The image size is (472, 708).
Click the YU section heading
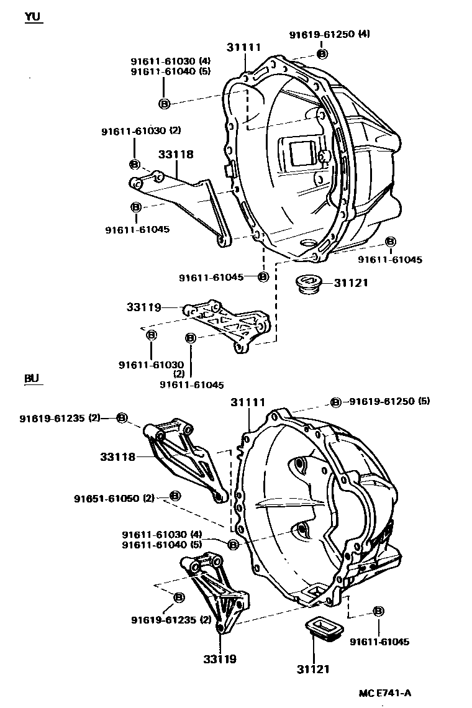click(33, 17)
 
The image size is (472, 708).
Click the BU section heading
click(32, 378)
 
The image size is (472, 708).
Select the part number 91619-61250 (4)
click(329, 35)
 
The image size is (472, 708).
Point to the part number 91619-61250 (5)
click(389, 401)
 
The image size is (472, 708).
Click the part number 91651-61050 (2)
click(114, 498)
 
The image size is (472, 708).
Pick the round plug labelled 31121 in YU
click(307, 285)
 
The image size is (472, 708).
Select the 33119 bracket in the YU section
click(230, 325)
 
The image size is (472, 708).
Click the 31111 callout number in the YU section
click(243, 47)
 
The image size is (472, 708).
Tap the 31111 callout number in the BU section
click(248, 403)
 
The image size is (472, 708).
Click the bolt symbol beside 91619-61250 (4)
click(322, 54)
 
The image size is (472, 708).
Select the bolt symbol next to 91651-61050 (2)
click(175, 496)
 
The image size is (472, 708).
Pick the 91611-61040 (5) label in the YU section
click(171, 71)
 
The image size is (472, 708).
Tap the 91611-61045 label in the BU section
click(379, 642)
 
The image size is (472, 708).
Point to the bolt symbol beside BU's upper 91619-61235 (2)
click(122, 417)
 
